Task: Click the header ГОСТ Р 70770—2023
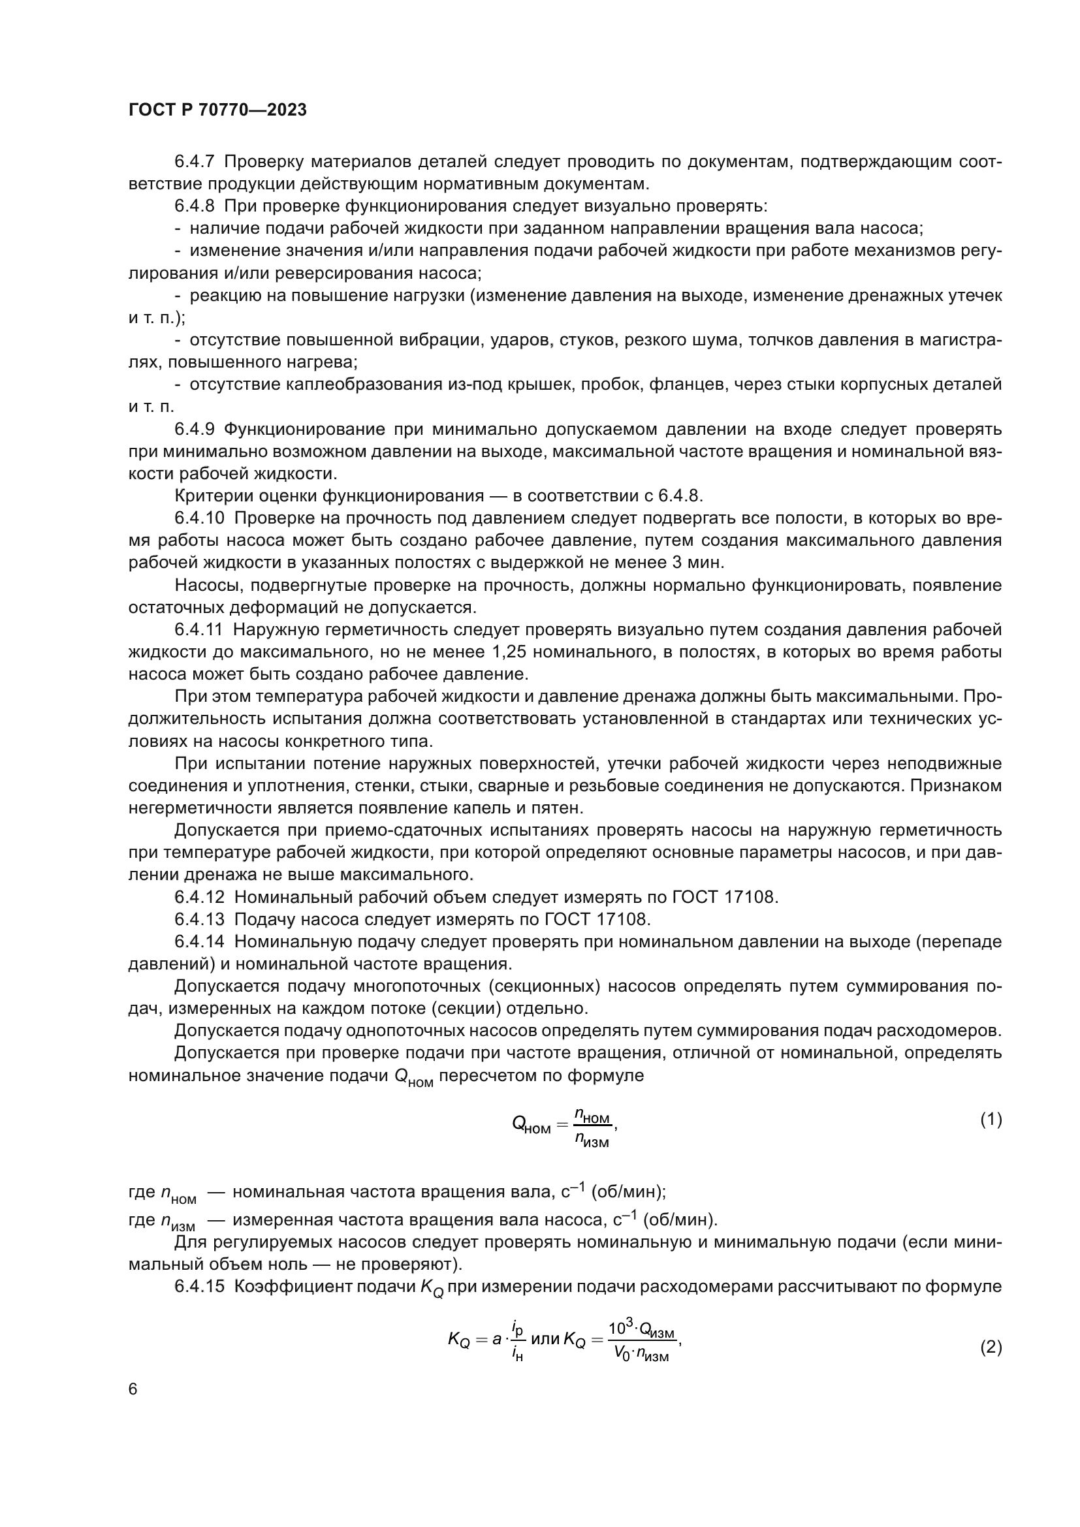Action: click(217, 110)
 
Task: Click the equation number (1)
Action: click(991, 1120)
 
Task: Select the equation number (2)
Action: click(991, 1348)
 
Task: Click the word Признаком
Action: click(956, 786)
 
